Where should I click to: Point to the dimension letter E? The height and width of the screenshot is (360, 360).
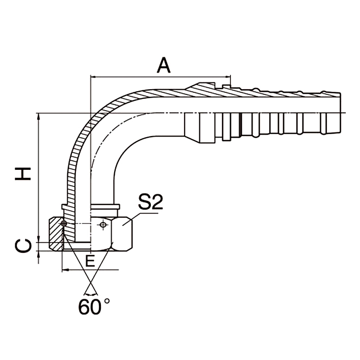coord(90,261)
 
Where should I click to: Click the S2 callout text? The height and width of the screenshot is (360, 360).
coord(150,203)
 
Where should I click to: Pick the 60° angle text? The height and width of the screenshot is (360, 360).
coord(94,306)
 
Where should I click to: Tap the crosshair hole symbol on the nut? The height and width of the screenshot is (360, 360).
coord(104,224)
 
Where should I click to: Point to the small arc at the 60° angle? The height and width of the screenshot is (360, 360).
coord(90,294)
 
